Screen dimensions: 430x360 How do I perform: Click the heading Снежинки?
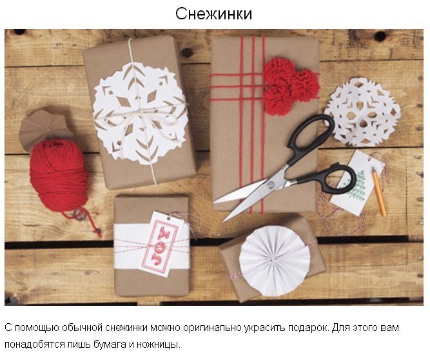[x=213, y=14]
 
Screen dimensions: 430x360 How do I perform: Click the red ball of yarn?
[x=59, y=175]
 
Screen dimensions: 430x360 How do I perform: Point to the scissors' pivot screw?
[x=271, y=185]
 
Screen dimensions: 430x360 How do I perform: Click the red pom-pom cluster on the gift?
[x=291, y=86]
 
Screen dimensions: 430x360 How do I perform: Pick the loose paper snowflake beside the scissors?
[x=362, y=112]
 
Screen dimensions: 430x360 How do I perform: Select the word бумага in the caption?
[x=110, y=344]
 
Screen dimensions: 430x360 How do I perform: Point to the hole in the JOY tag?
[x=168, y=219]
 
